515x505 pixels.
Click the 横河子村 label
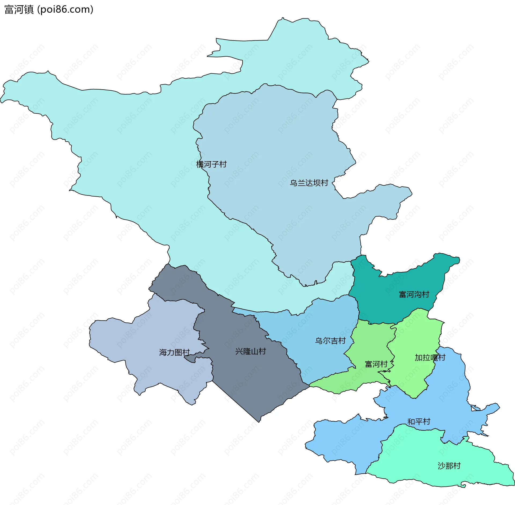(x=211, y=164)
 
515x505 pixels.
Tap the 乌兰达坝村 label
(x=309, y=183)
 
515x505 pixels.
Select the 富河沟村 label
(x=414, y=294)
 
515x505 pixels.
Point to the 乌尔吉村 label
(x=330, y=341)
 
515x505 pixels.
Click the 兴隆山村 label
(x=251, y=351)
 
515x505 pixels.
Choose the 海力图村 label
(x=174, y=352)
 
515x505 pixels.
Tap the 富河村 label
(x=376, y=364)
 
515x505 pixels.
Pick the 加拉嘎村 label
(x=430, y=357)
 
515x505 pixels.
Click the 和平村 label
(x=419, y=422)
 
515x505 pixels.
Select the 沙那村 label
(x=449, y=466)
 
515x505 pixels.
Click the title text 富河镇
(x=19, y=9)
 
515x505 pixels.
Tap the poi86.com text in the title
(x=65, y=9)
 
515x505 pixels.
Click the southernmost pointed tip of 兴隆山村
(x=259, y=422)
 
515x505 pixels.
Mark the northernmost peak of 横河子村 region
(x=283, y=18)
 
